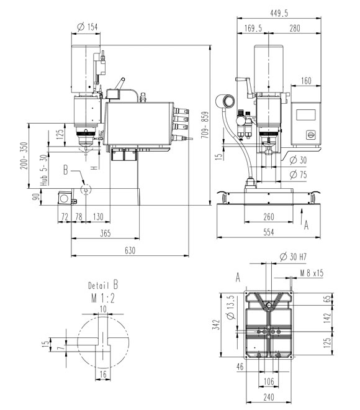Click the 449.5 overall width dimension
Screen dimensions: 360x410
[x=279, y=13]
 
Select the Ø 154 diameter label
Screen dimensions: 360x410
[x=88, y=27]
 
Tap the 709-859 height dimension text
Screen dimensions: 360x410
[x=205, y=125]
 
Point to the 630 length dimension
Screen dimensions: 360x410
[x=130, y=250]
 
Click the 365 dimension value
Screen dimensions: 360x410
[x=106, y=233]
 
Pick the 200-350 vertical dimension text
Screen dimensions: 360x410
[x=24, y=155]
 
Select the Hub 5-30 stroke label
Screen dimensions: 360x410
[x=44, y=170]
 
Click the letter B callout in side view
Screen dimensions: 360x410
[x=66, y=170]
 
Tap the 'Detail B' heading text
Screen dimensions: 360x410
[x=103, y=285]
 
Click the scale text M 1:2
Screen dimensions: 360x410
[x=103, y=298]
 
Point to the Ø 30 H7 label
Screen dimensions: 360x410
[x=293, y=257]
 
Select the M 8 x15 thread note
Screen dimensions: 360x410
[x=312, y=273]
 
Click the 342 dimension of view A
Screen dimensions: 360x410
[x=217, y=324]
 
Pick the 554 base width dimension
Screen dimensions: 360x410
[x=269, y=232]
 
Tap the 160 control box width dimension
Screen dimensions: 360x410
[x=306, y=81]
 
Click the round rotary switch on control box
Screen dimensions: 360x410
[x=310, y=135]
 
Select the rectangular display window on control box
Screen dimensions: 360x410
[x=305, y=115]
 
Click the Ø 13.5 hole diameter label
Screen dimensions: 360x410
[x=231, y=307]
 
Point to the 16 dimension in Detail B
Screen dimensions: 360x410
[x=103, y=375]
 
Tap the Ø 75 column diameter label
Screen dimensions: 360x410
[x=298, y=175]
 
